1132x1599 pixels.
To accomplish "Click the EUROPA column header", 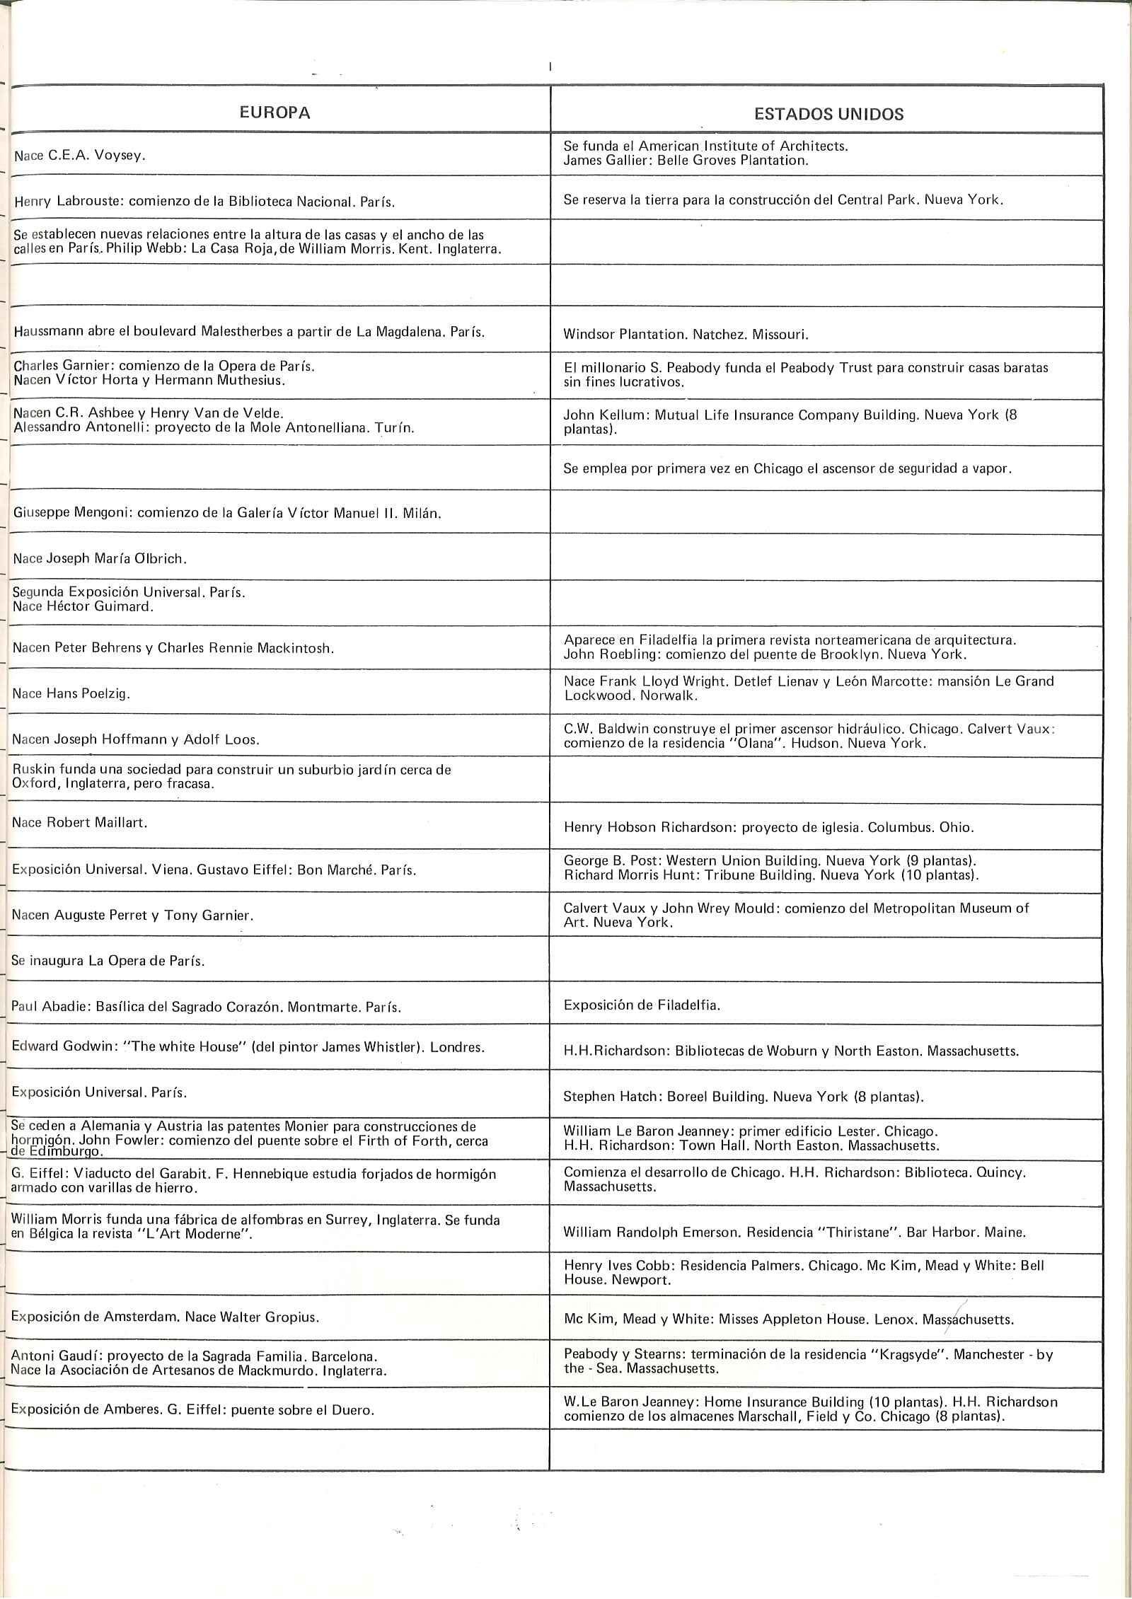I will coord(275,113).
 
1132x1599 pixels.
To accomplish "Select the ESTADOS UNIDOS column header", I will coord(828,115).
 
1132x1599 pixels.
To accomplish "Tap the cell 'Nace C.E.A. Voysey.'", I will coord(80,156).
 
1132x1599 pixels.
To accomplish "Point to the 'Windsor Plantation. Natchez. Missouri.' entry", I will coord(686,335).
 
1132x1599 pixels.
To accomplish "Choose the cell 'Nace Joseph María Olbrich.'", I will coord(100,558).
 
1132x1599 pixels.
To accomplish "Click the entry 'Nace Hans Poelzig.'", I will coord(71,693).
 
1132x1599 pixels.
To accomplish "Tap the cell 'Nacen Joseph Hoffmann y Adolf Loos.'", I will coord(136,740).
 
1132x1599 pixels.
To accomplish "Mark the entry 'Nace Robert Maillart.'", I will coord(79,822).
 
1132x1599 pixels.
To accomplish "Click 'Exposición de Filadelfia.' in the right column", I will coord(642,1005).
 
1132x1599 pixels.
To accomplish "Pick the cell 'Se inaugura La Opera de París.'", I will coord(108,961).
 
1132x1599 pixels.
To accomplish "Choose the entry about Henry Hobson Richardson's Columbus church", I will coord(768,826).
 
